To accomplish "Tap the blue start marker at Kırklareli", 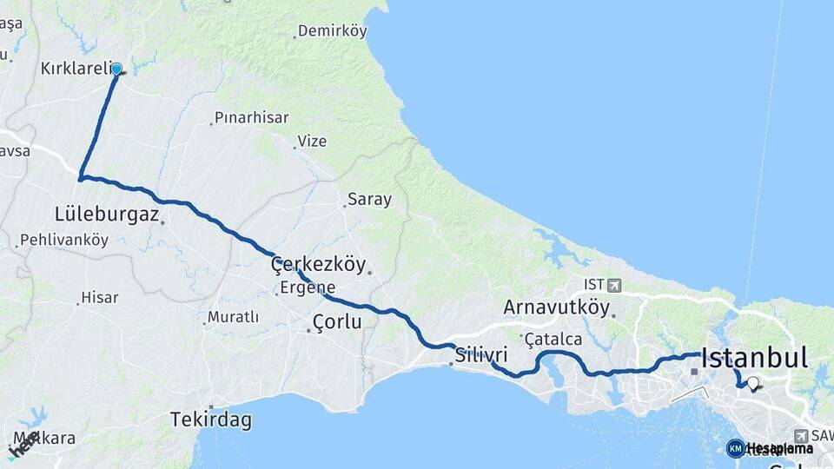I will click(x=116, y=69).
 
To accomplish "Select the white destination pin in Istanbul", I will click(x=752, y=383).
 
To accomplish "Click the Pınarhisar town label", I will click(x=252, y=117).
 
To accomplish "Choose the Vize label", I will click(x=312, y=140).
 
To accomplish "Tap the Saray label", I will click(x=369, y=199).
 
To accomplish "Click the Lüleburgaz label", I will click(x=107, y=214).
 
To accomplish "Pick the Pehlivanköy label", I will click(x=64, y=240).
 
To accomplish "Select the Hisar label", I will click(x=99, y=298).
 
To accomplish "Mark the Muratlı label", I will click(x=233, y=317).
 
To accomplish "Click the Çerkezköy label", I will click(x=318, y=264).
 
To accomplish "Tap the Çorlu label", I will click(x=336, y=322).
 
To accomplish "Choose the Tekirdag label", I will click(x=211, y=420).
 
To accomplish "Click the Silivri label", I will click(x=480, y=355).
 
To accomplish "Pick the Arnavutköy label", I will click(x=557, y=307).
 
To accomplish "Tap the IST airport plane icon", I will click(x=616, y=285).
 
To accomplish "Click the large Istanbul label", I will click(x=754, y=357).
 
